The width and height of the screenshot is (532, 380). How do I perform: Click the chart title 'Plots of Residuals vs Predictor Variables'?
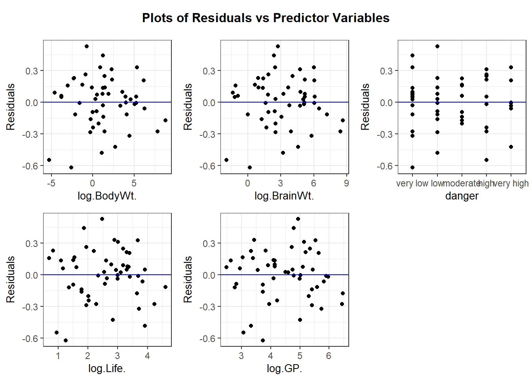(266, 18)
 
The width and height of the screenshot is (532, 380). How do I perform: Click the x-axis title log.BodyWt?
(107, 196)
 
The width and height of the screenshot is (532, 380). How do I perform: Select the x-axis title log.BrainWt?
(284, 196)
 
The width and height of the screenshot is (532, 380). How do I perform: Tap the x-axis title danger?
(462, 196)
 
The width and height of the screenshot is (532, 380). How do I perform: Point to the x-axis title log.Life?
(107, 369)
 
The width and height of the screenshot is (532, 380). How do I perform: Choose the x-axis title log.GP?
(284, 369)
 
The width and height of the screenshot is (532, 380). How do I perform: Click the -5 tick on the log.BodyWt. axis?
(51, 183)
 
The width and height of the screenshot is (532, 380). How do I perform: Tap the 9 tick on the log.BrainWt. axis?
(346, 183)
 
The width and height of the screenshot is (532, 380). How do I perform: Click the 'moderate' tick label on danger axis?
(462, 183)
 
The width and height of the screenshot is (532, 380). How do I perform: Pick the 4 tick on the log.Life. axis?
(147, 356)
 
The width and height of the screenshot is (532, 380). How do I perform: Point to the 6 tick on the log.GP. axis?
(329, 356)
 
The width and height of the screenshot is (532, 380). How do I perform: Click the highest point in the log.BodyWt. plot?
(87, 46)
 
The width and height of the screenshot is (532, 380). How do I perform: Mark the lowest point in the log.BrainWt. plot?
(249, 167)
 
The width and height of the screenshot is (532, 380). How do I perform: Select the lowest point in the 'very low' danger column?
(412, 167)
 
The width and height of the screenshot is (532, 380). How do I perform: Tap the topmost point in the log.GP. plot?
(298, 219)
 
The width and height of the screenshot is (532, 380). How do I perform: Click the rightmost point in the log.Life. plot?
(165, 287)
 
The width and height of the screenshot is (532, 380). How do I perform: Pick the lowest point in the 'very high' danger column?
(511, 147)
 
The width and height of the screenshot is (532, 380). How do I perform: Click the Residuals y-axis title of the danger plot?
(365, 107)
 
